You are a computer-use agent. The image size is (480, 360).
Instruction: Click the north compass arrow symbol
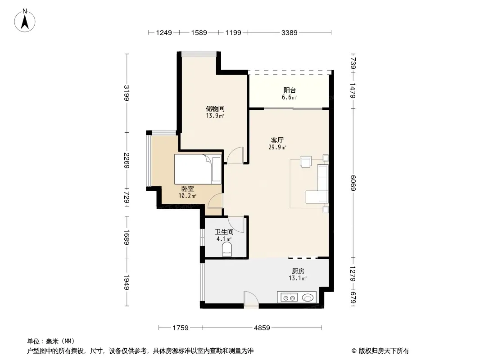tap(25, 20)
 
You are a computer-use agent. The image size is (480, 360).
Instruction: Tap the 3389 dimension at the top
tap(289, 32)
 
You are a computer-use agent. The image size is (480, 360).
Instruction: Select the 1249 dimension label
tap(164, 32)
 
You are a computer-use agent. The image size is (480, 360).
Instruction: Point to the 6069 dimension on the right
tap(353, 183)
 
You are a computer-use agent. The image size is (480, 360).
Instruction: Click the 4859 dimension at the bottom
tap(262, 328)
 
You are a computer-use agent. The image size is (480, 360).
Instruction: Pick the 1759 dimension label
tap(180, 328)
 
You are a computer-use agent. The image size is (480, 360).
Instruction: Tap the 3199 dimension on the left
tap(127, 93)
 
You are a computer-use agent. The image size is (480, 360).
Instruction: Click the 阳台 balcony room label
tap(290, 90)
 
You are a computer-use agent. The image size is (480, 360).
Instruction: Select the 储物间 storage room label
tap(215, 108)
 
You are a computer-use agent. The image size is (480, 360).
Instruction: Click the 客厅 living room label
tap(277, 140)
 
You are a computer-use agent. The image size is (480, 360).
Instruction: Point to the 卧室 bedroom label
tap(187, 189)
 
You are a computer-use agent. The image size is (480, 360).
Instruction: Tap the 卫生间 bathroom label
tap(224, 232)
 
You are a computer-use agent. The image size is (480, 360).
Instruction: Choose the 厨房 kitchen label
tap(298, 271)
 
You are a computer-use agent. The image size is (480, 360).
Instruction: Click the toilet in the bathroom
tap(227, 249)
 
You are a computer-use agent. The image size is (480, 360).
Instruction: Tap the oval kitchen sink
tap(308, 297)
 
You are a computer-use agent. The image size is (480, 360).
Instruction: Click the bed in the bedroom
tap(198, 169)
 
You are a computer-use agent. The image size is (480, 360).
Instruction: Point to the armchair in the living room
tap(306, 162)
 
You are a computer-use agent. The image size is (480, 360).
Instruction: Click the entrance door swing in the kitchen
tap(251, 299)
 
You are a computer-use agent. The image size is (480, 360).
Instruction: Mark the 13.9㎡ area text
tap(215, 116)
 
